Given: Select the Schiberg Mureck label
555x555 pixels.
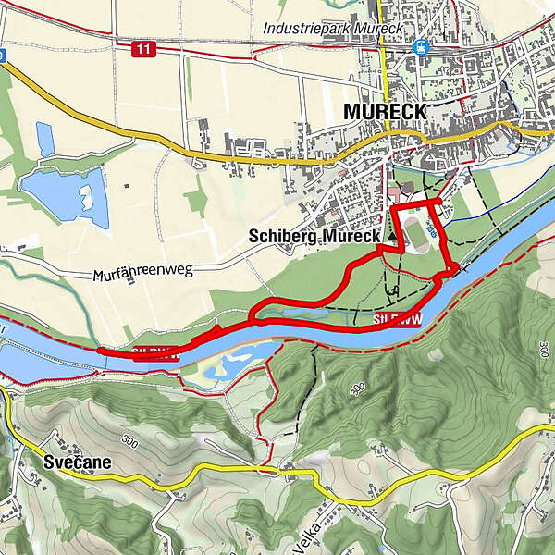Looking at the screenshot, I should point(314,237).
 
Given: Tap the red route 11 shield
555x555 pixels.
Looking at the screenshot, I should point(142,50).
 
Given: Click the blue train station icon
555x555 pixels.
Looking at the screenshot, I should point(422,45).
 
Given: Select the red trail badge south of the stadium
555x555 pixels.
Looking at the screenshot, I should point(398,319).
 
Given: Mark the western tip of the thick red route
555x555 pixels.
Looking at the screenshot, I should point(98,351).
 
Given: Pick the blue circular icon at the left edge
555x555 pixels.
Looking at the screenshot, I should point(3,55).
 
